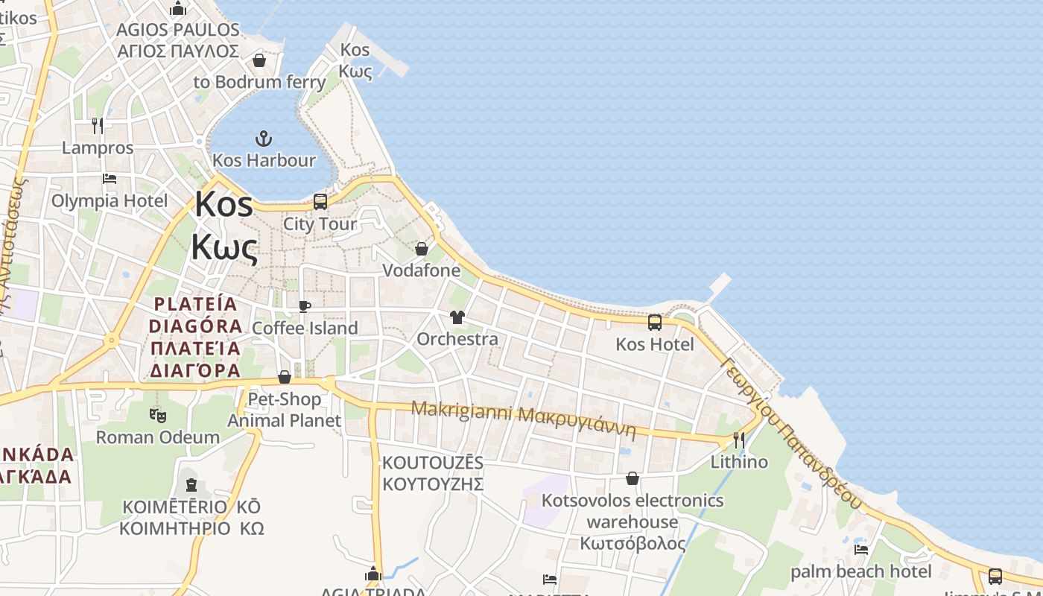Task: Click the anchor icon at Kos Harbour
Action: (x=263, y=139)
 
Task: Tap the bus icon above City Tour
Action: (x=320, y=201)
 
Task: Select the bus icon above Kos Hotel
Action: (x=655, y=323)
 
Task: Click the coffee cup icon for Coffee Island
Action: (x=304, y=306)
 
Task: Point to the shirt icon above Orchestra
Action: (x=457, y=317)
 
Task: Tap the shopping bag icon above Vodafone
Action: (x=422, y=249)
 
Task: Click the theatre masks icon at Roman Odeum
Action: (x=157, y=416)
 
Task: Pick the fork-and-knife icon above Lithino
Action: (x=739, y=440)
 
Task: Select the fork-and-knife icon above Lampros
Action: (x=98, y=125)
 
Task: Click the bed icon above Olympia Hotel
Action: (x=110, y=179)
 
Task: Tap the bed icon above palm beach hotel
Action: (x=861, y=550)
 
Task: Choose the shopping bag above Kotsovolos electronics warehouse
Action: (x=633, y=478)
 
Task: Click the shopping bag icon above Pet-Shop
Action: (x=284, y=378)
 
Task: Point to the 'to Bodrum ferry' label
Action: (x=259, y=82)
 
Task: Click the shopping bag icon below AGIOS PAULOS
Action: (x=259, y=60)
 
